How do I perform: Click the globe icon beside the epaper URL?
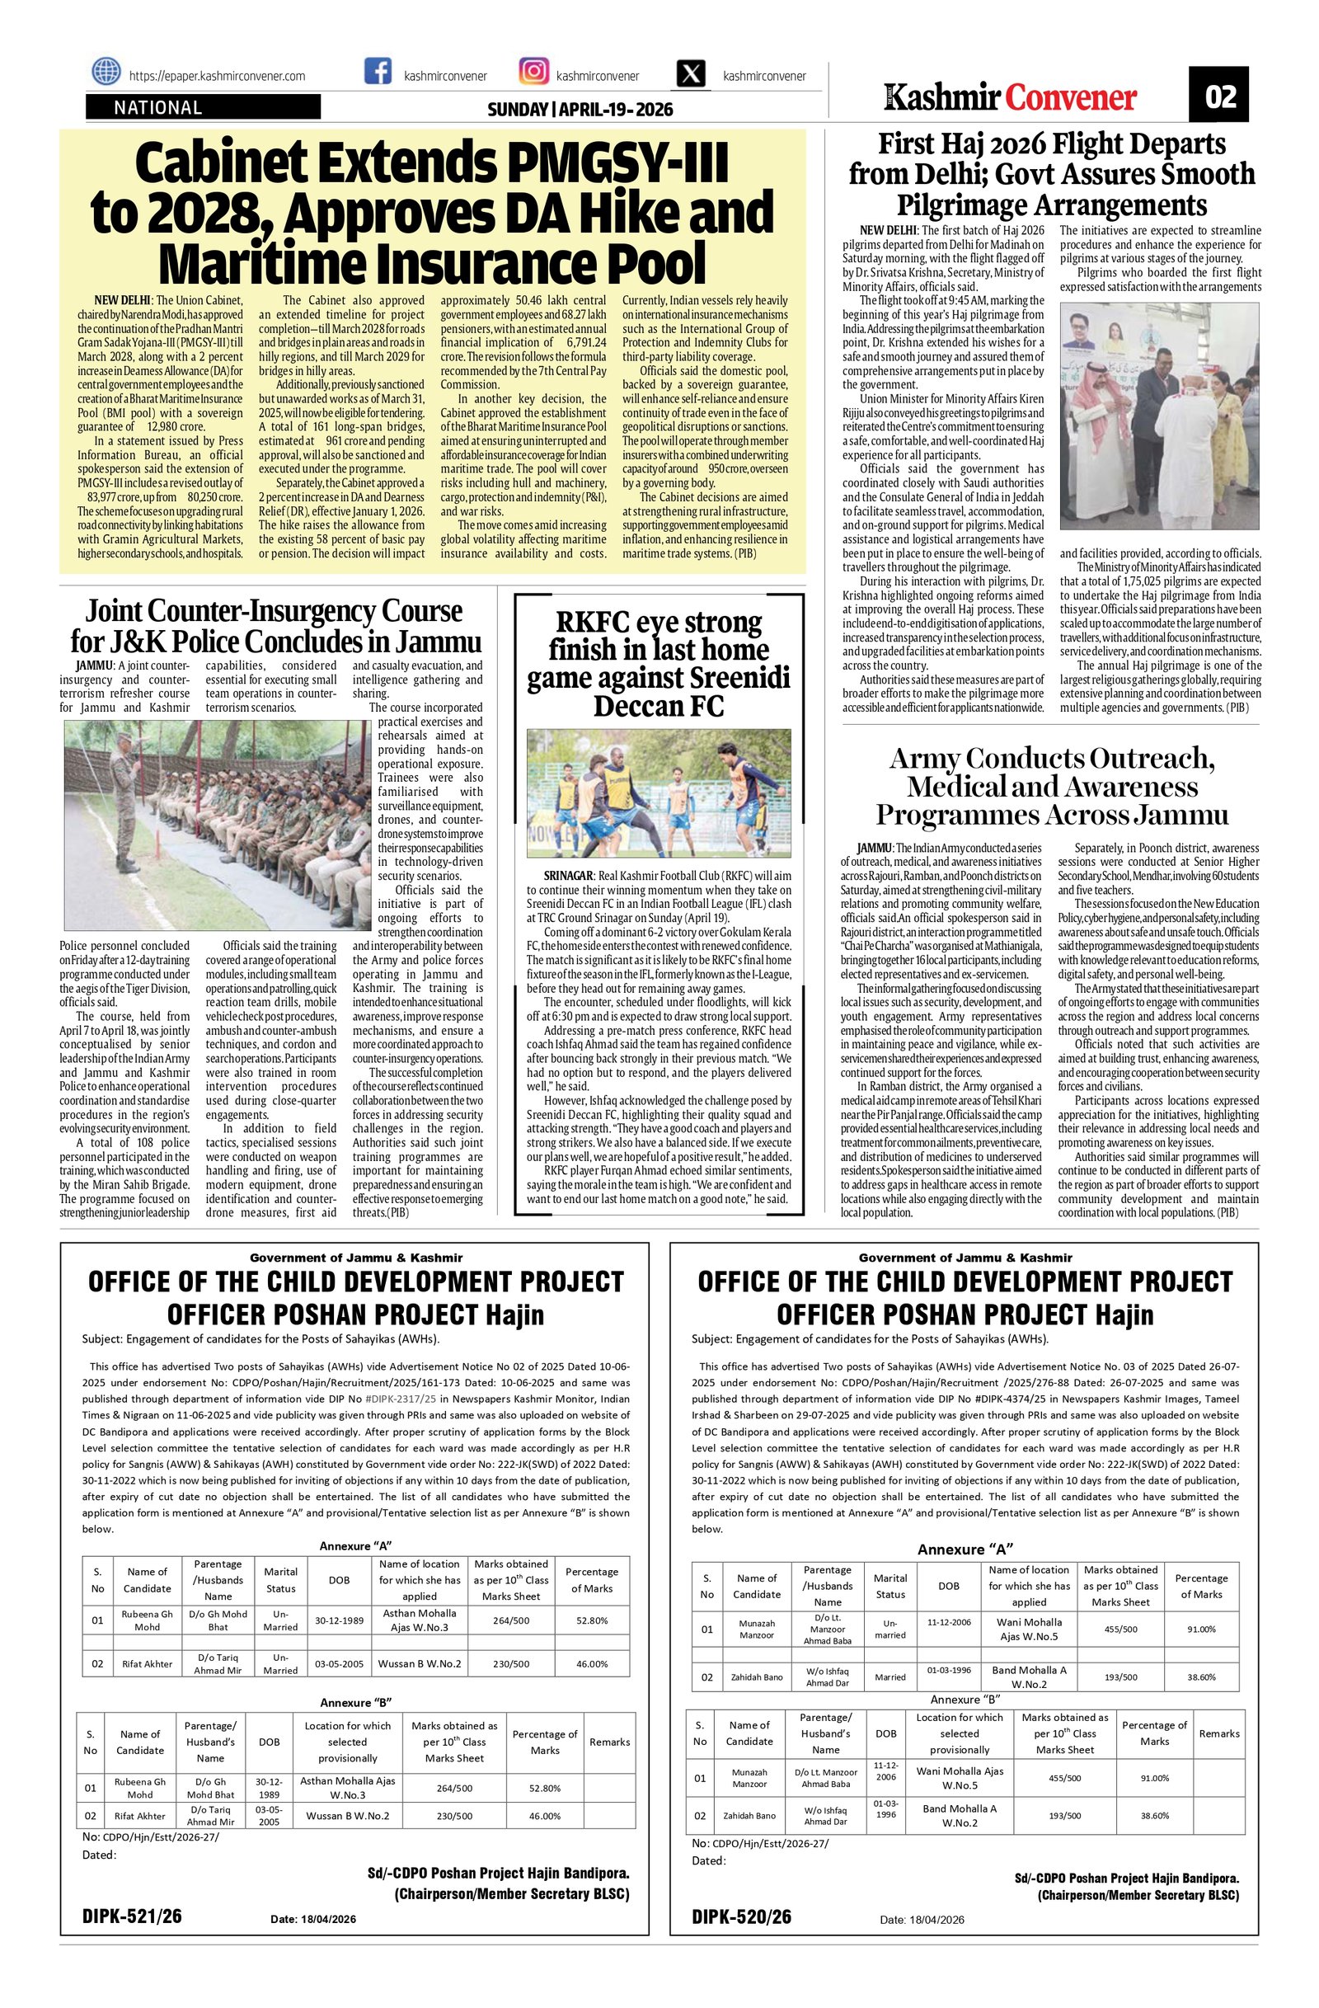106,73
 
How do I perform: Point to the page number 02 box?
1219,96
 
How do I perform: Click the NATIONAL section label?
158,107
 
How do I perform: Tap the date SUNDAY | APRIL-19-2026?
580,110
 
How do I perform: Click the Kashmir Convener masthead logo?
1011,98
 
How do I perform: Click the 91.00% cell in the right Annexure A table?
1201,1629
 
